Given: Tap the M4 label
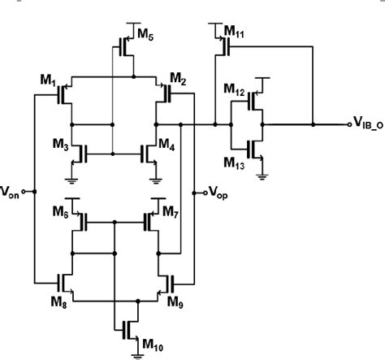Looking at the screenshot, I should point(166,145).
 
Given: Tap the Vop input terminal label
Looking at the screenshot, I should point(217,193).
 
